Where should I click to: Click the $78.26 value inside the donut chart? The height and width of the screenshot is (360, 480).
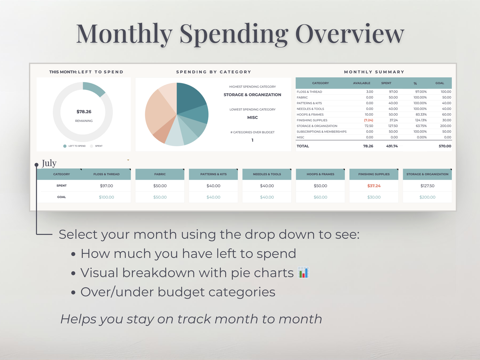[x=84, y=112]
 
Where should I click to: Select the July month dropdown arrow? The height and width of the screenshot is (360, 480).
[x=128, y=160]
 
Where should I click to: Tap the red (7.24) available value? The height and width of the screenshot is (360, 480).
[x=368, y=120]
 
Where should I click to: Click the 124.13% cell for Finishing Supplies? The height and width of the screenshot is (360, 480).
[x=421, y=120]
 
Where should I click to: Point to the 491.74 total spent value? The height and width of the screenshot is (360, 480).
[x=392, y=146]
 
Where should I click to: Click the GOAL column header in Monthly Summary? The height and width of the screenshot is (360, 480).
[x=439, y=83]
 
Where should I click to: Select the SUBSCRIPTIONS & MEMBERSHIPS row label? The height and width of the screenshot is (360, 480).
[x=322, y=132]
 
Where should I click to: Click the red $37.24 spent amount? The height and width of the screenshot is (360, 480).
[x=374, y=186]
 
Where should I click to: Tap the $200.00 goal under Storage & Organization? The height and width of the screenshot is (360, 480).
[x=427, y=197]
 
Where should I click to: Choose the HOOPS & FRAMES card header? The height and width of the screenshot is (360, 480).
[x=320, y=174]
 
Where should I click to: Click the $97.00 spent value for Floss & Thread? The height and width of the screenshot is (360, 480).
[x=106, y=186]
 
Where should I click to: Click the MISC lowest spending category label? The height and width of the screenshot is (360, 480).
[x=252, y=118]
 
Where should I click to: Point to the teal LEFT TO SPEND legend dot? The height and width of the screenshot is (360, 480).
[x=65, y=146]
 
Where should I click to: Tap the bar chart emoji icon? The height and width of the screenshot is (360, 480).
[x=304, y=273]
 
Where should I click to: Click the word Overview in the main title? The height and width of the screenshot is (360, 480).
[x=349, y=34]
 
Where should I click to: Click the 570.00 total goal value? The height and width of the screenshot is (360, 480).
[x=444, y=146]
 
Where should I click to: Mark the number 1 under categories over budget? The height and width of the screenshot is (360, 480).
[x=252, y=140]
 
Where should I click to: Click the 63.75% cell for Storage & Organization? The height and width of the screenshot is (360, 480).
[x=421, y=126]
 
